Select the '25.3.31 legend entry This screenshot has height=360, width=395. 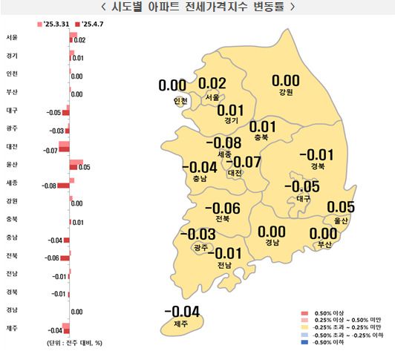tap(53, 25)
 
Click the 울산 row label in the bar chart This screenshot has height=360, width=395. tap(12, 164)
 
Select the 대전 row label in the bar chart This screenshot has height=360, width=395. tap(12, 146)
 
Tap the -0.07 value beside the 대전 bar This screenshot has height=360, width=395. tap(50, 151)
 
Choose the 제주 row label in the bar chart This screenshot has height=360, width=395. tap(12, 327)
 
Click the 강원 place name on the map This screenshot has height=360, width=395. tap(286, 93)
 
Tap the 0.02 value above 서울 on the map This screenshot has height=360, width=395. tap(212, 84)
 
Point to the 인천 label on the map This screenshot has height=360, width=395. tap(180, 100)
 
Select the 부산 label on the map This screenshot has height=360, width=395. tap(324, 243)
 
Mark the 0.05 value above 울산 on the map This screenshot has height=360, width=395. tap(342, 207)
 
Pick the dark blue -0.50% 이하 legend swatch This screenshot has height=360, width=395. tap(304, 343)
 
